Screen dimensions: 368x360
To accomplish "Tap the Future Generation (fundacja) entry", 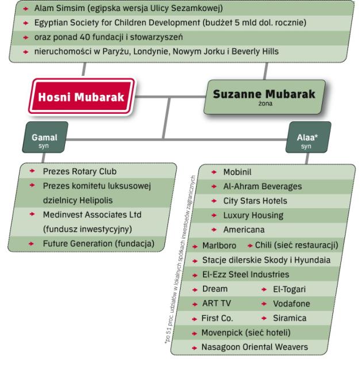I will (99, 244).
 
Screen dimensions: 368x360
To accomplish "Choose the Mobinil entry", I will (238, 172).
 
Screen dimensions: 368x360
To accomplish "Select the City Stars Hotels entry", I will (255, 201).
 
